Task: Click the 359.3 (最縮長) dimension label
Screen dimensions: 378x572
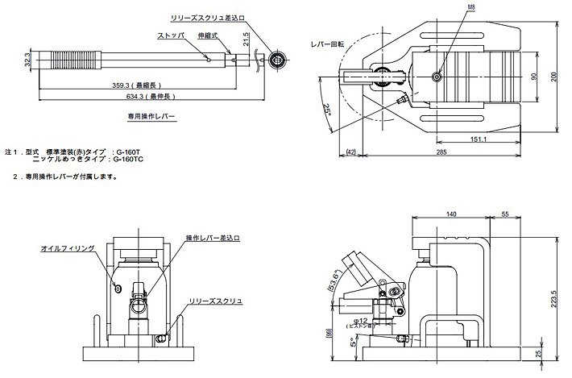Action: click(x=142, y=85)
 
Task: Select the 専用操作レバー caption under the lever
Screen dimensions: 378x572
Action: click(x=146, y=117)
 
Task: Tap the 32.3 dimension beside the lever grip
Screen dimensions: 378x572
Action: click(x=27, y=60)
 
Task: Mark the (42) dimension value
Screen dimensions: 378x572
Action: click(x=351, y=151)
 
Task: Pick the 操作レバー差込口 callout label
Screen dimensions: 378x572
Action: click(x=212, y=239)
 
